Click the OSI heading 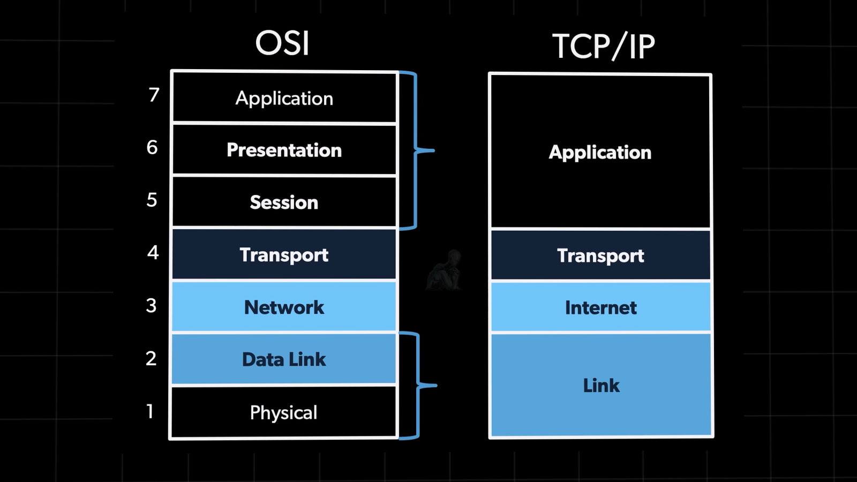pos(282,43)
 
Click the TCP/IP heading pos(603,47)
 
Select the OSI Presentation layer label pos(284,150)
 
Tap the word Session pos(284,202)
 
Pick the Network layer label pos(284,307)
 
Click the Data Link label pos(284,359)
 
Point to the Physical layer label pos(284,412)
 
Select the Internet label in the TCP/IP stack pos(600,308)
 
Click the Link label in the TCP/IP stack pos(601,386)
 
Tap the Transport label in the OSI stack pos(284,255)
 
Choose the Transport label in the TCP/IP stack pos(600,256)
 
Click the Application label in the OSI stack pos(284,99)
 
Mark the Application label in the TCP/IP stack pos(600,153)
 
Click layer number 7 pos(154,95)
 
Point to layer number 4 pos(153,252)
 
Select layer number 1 pos(151,411)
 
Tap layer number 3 pos(152,305)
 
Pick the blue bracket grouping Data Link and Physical pos(418,385)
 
